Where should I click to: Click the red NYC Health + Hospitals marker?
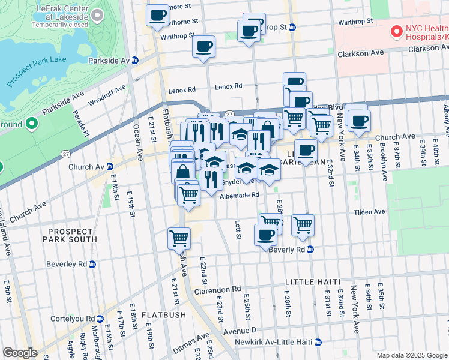[x=396, y=31]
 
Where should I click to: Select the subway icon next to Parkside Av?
[x=136, y=61]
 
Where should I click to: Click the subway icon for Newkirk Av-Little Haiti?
[x=318, y=342]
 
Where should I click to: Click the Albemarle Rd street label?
[x=240, y=195]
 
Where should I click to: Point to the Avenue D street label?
[x=240, y=330]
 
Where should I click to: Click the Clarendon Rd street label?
[x=217, y=291]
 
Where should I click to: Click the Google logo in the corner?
[x=20, y=353]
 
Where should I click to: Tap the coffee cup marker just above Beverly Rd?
[x=265, y=235]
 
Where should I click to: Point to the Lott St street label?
[x=238, y=230]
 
